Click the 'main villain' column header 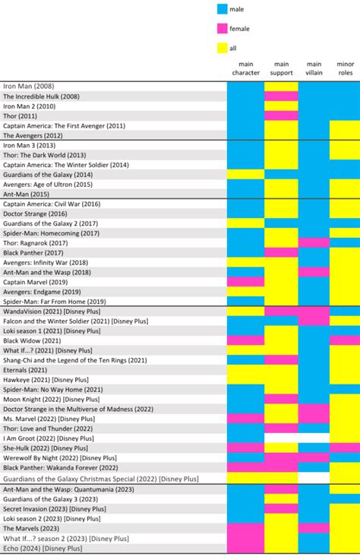tap(314, 68)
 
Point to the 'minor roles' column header tap(344, 68)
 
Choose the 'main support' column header tap(281, 68)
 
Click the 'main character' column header tap(245, 68)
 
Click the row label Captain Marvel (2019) tap(35, 282)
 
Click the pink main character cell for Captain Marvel tap(245, 282)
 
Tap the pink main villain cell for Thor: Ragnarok tap(314, 242)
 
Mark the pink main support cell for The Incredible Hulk tap(281, 96)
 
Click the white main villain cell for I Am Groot tap(314, 438)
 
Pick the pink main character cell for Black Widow tap(245, 340)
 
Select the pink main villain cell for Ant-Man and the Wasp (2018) tap(314, 272)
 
